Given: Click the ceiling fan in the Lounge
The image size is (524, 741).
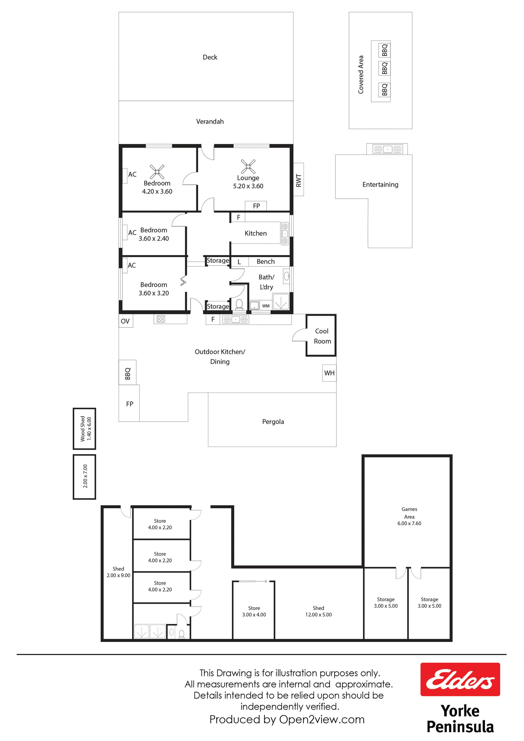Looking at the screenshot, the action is (x=248, y=166).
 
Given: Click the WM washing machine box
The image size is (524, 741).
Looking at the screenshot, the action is (x=266, y=306).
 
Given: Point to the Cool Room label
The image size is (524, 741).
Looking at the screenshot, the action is (x=322, y=336).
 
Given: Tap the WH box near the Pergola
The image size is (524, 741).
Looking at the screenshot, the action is (x=329, y=373).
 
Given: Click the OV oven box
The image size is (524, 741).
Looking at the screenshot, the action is (x=126, y=321).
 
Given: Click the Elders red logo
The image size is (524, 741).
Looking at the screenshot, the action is (x=460, y=679).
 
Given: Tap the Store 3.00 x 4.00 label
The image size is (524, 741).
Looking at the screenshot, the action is (x=254, y=611).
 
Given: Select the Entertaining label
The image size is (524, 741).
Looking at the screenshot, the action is (x=380, y=185).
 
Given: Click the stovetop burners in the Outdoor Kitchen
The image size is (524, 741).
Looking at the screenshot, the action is (x=161, y=319).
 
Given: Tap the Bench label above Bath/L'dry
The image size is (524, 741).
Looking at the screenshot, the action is (x=266, y=262).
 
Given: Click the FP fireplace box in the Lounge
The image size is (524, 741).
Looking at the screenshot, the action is (x=256, y=206).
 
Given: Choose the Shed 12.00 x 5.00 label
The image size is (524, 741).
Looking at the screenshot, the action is (x=318, y=611).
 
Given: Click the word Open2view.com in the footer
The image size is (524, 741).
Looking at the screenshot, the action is (x=322, y=719).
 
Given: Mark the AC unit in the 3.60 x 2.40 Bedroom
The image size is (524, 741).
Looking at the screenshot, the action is (x=125, y=232).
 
